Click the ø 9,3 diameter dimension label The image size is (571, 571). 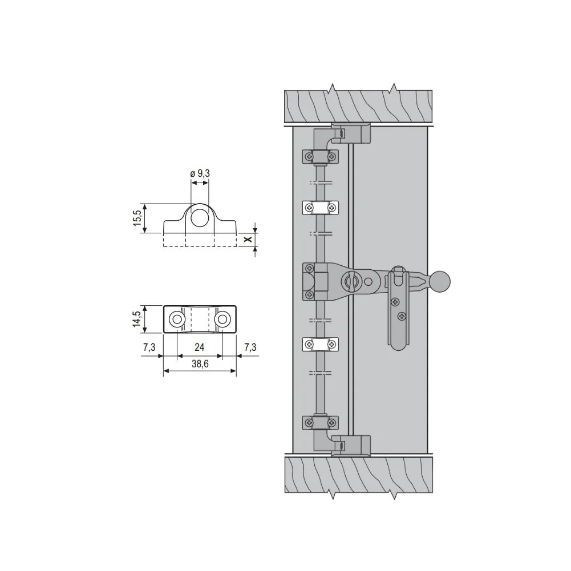tap(200, 174)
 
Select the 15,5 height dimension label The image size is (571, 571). tap(137, 218)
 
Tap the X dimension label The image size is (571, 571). tap(248, 239)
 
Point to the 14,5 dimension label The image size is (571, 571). tap(137, 319)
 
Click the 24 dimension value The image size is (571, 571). tap(200, 347)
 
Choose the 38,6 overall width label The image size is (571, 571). tap(200, 364)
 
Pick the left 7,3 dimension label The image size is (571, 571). tap(149, 347)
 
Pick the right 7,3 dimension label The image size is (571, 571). tap(250, 347)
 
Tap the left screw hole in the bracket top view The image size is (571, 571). tap(177, 319)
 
